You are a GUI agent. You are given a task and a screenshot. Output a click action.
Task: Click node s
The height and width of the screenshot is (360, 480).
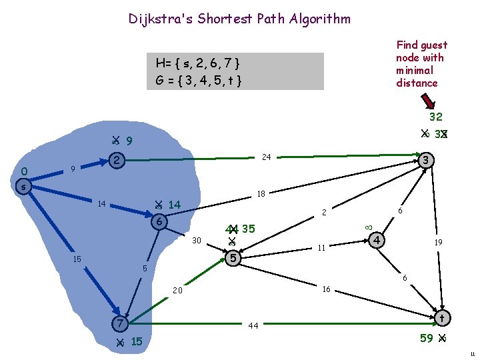click(x=23, y=187)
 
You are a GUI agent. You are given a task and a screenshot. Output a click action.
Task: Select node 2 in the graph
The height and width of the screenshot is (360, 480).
click(x=117, y=161)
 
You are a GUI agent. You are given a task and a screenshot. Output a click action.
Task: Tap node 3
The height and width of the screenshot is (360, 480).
click(x=427, y=161)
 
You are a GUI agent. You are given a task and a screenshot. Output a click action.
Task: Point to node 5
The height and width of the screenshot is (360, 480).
click(x=233, y=257)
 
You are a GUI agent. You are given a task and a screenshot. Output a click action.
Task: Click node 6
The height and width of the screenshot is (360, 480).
click(x=159, y=222)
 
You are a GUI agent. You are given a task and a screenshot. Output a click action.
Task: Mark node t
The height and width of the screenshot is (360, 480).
click(x=442, y=317)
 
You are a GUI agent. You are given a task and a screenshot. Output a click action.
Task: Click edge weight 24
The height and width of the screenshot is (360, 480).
click(x=267, y=157)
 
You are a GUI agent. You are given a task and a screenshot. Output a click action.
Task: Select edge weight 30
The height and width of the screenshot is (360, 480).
click(x=197, y=240)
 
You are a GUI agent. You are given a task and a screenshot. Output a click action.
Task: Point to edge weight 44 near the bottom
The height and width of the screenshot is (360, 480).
click(x=253, y=326)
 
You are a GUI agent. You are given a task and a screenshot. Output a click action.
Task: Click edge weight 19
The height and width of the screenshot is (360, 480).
click(x=439, y=243)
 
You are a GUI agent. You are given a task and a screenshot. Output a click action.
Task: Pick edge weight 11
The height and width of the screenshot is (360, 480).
click(x=321, y=247)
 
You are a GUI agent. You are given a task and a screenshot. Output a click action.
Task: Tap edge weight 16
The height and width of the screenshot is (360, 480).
click(x=326, y=289)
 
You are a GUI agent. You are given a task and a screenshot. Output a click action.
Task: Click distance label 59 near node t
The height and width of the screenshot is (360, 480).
click(x=427, y=338)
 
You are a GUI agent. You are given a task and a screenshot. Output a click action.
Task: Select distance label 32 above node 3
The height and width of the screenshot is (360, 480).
click(x=436, y=117)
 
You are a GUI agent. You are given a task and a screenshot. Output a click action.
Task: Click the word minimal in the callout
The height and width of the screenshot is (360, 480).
click(x=415, y=71)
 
